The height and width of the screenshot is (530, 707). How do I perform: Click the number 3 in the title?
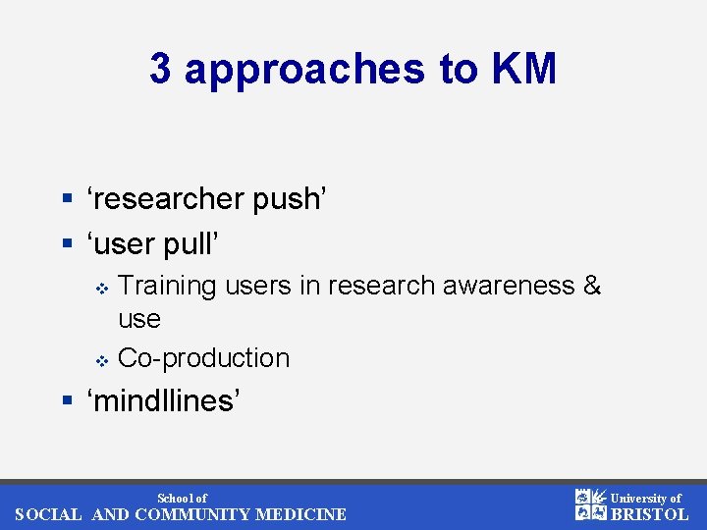coord(160,70)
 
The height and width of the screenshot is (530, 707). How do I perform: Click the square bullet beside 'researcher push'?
coord(67,200)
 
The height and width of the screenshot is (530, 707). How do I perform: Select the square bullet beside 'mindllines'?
coord(67,401)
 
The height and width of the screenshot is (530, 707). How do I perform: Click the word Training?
coord(167,286)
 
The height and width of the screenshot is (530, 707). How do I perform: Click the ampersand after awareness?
coord(592,286)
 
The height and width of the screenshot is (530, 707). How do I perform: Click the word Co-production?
coord(203,358)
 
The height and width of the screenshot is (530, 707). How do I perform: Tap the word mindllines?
coord(164,400)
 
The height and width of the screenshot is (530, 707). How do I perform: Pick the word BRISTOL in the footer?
coord(650,514)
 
